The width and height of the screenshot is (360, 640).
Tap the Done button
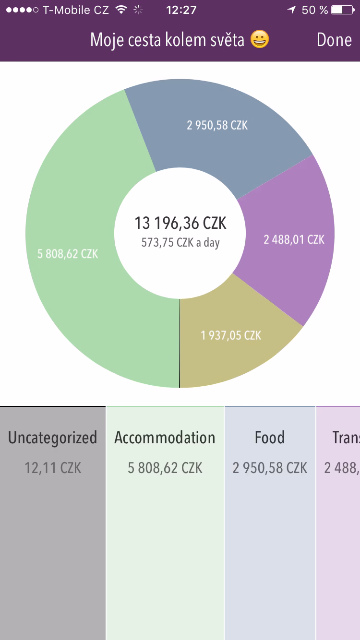pyautogui.click(x=334, y=40)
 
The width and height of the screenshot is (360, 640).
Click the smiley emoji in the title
pyautogui.click(x=260, y=40)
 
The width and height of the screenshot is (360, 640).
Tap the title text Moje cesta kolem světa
pyautogui.click(x=168, y=40)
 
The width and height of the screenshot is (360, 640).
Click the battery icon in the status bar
pyautogui.click(x=342, y=10)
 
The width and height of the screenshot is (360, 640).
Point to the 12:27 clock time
pyautogui.click(x=180, y=10)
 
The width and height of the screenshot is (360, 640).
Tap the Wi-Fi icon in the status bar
pyautogui.click(x=121, y=10)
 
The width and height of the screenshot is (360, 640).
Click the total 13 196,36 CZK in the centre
pyautogui.click(x=180, y=223)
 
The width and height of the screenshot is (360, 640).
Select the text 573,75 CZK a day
pyautogui.click(x=180, y=242)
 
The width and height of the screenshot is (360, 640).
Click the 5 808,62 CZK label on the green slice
pyautogui.click(x=68, y=254)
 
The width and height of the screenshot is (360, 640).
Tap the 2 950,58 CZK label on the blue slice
pyautogui.click(x=217, y=125)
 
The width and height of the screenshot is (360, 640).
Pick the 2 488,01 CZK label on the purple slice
pyautogui.click(x=294, y=239)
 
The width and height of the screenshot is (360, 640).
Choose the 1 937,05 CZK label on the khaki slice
pyautogui.click(x=231, y=335)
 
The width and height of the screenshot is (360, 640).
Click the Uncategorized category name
pyautogui.click(x=53, y=438)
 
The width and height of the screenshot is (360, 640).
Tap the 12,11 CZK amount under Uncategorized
pyautogui.click(x=53, y=468)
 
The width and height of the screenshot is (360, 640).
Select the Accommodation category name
pyautogui.click(x=165, y=438)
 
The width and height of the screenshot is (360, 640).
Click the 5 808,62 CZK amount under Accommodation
pyautogui.click(x=165, y=468)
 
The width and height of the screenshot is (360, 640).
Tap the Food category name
pyautogui.click(x=270, y=438)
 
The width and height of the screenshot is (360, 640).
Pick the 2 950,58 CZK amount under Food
pyautogui.click(x=270, y=468)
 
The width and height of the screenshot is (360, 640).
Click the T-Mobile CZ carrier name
pyautogui.click(x=76, y=10)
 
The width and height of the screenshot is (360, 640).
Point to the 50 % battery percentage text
pyautogui.click(x=315, y=10)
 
